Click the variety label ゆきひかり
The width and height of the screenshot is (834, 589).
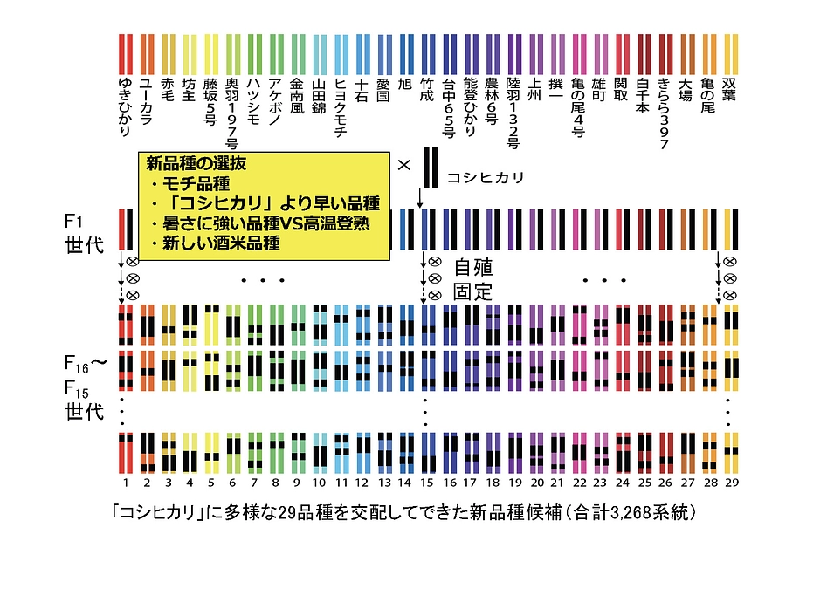tap(125, 107)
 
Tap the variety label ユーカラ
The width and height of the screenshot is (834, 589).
tap(146, 98)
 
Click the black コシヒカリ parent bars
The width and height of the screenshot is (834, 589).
tap(429, 168)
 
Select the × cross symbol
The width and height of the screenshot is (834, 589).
tap(403, 164)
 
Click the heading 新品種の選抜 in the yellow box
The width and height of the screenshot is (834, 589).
tap(196, 163)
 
